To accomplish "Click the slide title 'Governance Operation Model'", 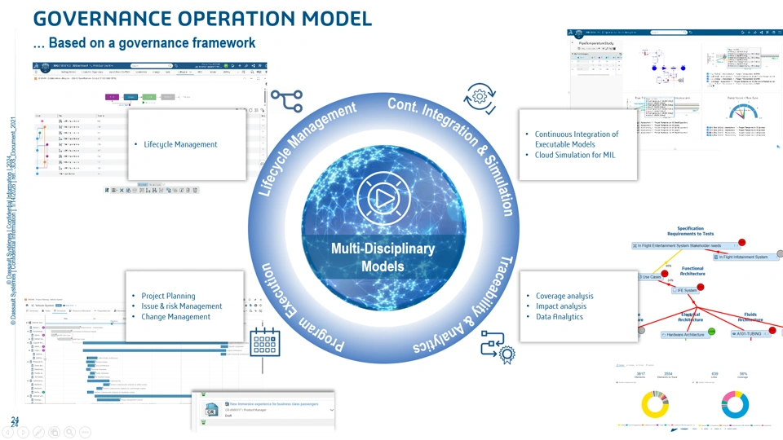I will pos(202,18).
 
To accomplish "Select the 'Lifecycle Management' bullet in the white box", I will pos(180,144).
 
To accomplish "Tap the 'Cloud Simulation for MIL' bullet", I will pos(574,155).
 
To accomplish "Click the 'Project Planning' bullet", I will pos(169,296).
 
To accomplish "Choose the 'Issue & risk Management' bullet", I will pos(182,306).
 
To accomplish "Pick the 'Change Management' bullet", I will pos(176,317).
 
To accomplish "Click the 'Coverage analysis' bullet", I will pos(564,296).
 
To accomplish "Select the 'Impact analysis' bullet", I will pos(561,306).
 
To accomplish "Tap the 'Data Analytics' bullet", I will pos(560,317).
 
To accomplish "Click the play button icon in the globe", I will pos(383,198).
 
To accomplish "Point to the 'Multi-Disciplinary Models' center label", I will pos(383,257).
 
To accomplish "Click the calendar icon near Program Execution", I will pos(265,343).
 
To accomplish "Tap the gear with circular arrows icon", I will pos(480,97).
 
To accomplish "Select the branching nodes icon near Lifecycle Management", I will pos(286,101).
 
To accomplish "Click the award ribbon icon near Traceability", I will pos(498,347).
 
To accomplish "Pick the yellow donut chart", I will pos(654,406).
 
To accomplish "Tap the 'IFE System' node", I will pos(685,290).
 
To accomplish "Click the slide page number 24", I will pos(15,420).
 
